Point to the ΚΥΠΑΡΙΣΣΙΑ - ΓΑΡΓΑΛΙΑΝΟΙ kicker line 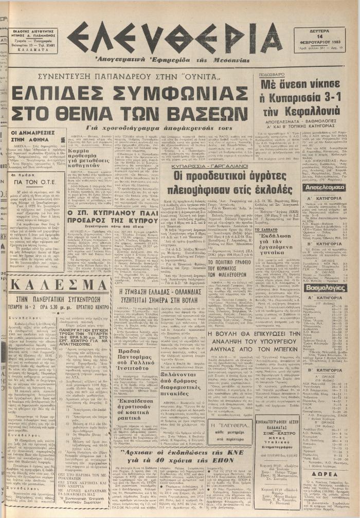(212, 167)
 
